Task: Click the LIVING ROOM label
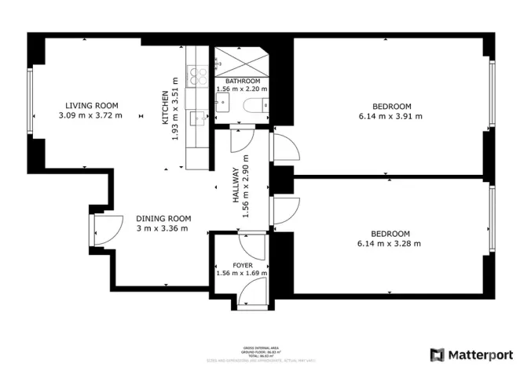tap(91, 106)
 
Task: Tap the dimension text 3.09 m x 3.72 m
tap(91, 116)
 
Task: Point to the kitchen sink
tap(200, 118)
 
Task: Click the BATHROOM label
tap(242, 81)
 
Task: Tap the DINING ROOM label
tap(163, 219)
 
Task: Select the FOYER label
tap(243, 265)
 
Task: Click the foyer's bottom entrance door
tap(252, 293)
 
